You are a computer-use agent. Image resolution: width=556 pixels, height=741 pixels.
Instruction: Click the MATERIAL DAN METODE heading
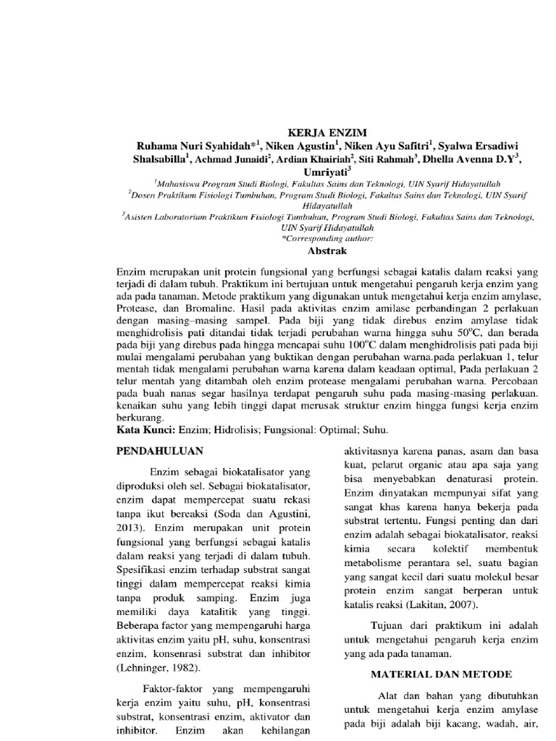coord(442,674)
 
